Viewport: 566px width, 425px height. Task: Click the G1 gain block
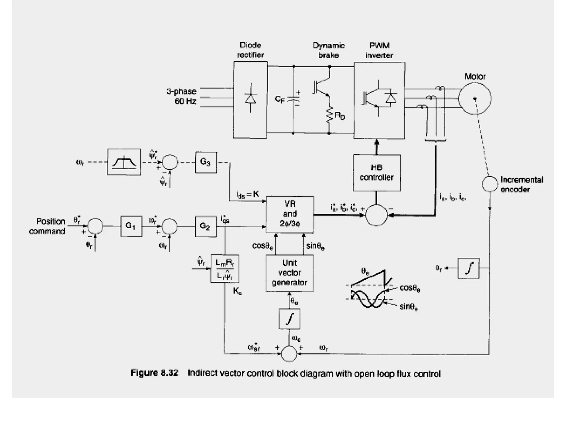(x=131, y=226)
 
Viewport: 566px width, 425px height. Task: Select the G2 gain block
(x=205, y=226)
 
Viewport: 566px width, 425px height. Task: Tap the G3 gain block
(x=205, y=162)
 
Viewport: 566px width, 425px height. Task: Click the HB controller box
(x=376, y=173)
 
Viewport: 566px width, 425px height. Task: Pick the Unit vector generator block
(x=289, y=273)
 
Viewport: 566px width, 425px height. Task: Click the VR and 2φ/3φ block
(x=290, y=214)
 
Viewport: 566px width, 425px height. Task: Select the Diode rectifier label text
(x=250, y=50)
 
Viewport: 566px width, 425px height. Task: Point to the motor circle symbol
(x=475, y=99)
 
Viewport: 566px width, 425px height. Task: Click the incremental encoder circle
(x=489, y=184)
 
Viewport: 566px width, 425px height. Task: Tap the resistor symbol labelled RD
(x=329, y=115)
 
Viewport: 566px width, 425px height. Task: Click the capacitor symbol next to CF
(x=293, y=99)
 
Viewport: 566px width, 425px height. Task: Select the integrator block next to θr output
(x=468, y=268)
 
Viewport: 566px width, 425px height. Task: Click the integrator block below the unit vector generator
(x=289, y=319)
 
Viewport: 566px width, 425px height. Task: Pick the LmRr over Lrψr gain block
(x=224, y=268)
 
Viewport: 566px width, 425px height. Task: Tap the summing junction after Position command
(x=95, y=226)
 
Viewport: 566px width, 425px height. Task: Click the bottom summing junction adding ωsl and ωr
(x=289, y=354)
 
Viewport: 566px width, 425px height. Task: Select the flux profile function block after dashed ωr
(x=124, y=162)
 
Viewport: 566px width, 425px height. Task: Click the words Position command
(x=47, y=226)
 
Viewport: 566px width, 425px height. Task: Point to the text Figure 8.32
(x=154, y=373)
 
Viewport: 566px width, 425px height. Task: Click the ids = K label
(x=247, y=195)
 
